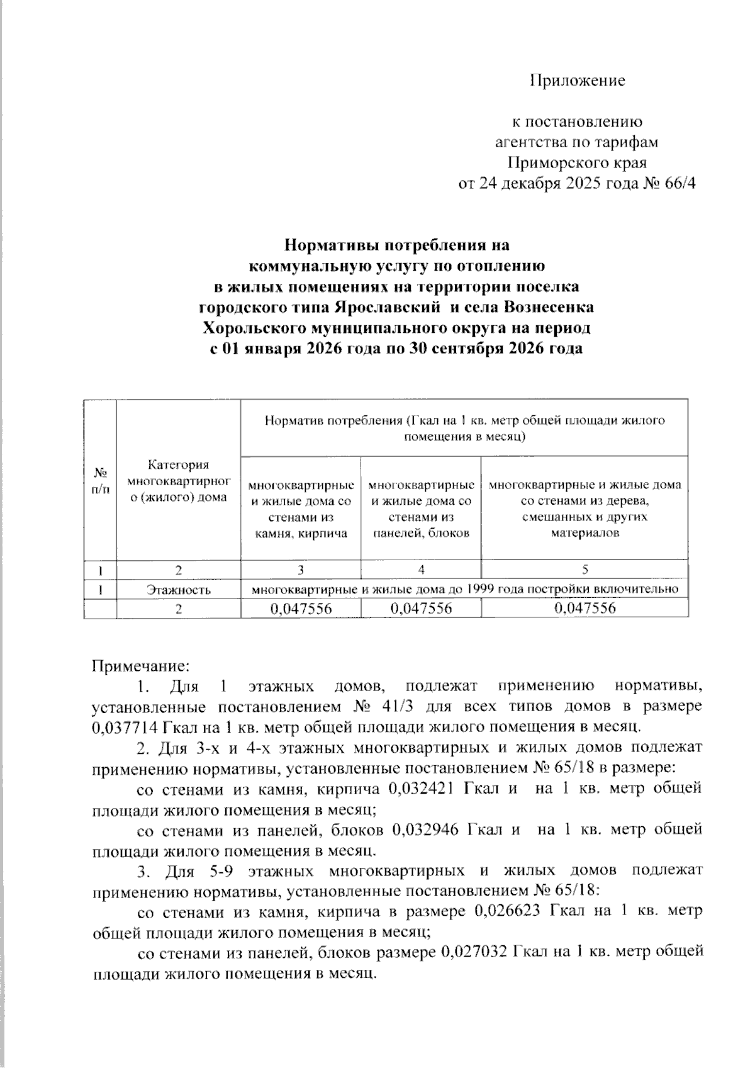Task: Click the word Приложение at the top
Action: [577, 81]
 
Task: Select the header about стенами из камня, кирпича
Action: [301, 509]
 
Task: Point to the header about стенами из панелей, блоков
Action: [420, 509]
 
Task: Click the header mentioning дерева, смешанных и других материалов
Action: [584, 509]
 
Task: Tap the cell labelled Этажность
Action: [179, 590]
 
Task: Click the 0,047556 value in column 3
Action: [301, 608]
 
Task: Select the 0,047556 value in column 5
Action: [584, 608]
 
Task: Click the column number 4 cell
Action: [420, 570]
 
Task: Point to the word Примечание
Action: [140, 665]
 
